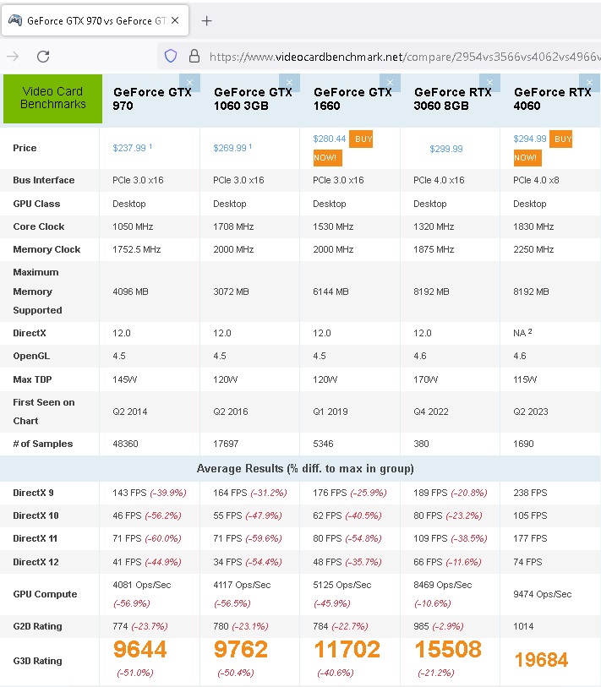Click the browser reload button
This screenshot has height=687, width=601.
coord(43,57)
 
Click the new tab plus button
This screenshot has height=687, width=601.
coord(207,21)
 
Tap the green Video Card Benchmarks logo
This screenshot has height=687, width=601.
coord(53,98)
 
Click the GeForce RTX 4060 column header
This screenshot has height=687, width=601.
coord(552,99)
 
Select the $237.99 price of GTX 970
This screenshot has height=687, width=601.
coord(130,148)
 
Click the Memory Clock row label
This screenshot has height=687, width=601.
coord(46,249)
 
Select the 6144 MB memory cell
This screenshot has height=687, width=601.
coord(331,292)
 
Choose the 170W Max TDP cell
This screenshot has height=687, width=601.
coord(425,379)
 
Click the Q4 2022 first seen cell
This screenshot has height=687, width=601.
coord(431,412)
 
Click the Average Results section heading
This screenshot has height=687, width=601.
coord(305,468)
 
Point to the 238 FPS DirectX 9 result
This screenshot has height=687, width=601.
coord(530,493)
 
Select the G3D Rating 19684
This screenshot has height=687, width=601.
coord(541,660)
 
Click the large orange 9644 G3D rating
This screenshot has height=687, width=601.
coord(139,649)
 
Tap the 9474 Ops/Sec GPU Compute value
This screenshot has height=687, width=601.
coord(543,594)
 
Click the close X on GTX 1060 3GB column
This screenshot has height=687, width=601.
coord(290,82)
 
